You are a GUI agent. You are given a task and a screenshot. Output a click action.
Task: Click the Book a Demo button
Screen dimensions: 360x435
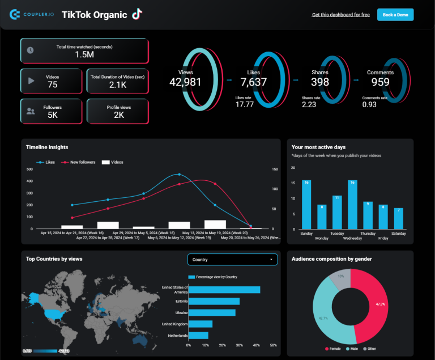(x=395, y=15)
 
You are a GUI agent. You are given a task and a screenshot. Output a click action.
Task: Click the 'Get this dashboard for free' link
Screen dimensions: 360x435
(x=340, y=15)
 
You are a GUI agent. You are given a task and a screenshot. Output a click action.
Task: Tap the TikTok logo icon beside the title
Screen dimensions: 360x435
(x=137, y=15)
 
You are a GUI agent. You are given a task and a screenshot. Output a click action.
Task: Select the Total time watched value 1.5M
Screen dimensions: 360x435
(x=84, y=54)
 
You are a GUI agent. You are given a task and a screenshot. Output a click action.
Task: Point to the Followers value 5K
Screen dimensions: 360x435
(x=52, y=115)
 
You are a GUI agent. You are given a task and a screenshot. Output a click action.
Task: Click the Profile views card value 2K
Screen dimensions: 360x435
(x=119, y=115)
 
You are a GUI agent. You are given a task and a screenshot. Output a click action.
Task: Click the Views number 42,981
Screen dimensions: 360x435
(x=185, y=82)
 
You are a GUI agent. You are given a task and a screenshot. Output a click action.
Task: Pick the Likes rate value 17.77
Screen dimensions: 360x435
(x=244, y=104)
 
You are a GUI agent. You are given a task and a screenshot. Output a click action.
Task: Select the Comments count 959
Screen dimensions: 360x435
(x=380, y=82)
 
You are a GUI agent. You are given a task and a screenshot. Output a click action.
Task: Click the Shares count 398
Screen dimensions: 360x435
(x=320, y=82)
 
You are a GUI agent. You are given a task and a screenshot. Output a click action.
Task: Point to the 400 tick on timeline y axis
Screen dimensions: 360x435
(x=30, y=181)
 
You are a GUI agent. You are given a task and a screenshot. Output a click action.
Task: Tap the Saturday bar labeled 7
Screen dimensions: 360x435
(x=398, y=218)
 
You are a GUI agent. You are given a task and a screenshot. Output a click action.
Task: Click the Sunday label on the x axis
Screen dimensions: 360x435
(x=306, y=233)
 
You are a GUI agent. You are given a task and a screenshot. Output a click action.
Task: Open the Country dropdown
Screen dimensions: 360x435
(x=233, y=260)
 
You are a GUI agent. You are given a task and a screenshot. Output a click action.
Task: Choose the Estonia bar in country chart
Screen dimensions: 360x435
(x=214, y=302)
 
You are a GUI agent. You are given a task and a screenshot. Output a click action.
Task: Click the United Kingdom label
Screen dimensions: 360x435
(x=174, y=324)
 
